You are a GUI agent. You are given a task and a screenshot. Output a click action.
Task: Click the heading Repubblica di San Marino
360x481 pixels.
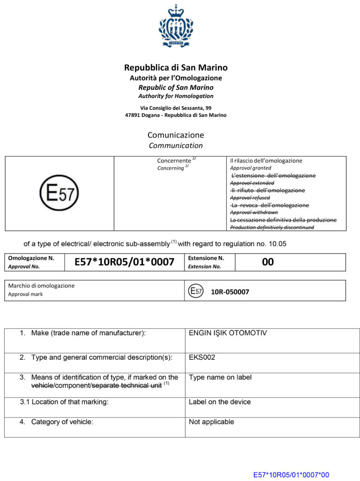pos(176,68)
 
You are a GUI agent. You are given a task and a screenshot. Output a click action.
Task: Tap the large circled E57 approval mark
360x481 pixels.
pos(59,193)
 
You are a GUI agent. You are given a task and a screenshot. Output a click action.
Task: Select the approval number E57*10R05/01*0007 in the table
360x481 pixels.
pos(124,262)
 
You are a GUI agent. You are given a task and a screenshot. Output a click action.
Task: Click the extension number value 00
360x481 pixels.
pos(268,262)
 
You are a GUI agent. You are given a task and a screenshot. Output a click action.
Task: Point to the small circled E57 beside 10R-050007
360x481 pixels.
pos(196,291)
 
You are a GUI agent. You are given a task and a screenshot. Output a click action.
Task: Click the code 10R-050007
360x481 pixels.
pos(230,292)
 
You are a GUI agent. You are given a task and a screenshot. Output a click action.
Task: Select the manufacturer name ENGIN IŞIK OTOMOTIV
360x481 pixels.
pos(228,333)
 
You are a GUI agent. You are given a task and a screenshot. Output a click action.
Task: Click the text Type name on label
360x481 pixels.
pos(220,377)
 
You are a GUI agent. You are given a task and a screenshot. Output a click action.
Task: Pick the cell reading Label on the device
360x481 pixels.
pos(220,402)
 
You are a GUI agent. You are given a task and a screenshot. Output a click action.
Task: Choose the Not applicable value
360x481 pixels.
pos(211,422)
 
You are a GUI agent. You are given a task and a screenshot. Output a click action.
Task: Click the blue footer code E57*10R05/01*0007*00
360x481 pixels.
pos(291,475)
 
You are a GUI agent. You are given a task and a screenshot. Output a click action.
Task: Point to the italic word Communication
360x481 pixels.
pos(176,146)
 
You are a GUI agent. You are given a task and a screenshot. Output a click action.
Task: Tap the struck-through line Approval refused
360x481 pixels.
pos(250,198)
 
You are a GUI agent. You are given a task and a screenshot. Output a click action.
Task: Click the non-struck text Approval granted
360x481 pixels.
pos(251,168)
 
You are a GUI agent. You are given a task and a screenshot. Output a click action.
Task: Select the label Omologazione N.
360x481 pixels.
pos(31,258)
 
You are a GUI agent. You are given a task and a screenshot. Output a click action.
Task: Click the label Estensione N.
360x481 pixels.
pos(206,258)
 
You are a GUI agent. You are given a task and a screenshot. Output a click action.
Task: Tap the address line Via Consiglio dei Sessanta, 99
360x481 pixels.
pos(176,108)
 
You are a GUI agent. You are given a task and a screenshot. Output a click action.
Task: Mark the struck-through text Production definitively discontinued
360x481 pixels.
pos(272,227)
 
